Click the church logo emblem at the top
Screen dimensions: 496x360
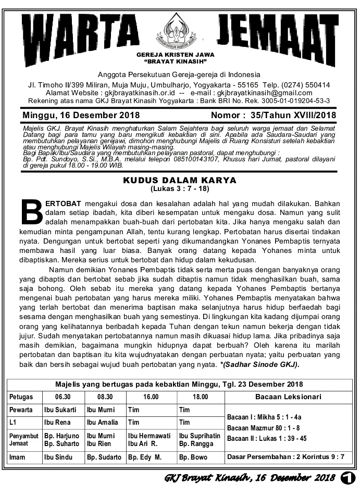click(x=180, y=29)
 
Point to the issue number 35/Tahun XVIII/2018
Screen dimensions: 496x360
click(x=293, y=115)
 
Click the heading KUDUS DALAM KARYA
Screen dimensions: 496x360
click(x=180, y=180)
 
